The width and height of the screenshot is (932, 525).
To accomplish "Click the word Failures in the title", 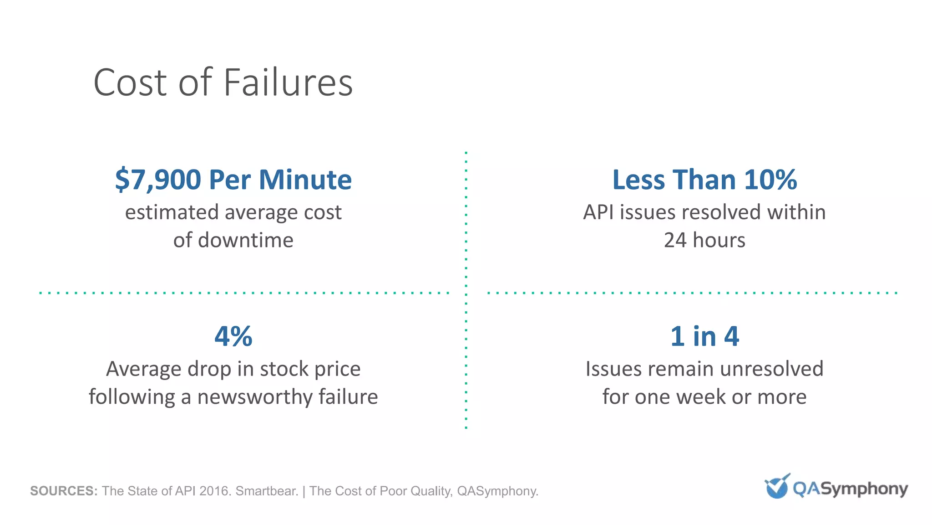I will pyautogui.click(x=288, y=82).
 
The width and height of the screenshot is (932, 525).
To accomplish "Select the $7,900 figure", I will pyautogui.click(x=158, y=180).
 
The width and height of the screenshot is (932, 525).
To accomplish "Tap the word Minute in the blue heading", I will pyautogui.click(x=305, y=180).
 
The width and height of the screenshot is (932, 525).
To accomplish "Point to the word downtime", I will pyautogui.click(x=246, y=240).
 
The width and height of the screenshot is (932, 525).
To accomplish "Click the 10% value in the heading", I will pyautogui.click(x=770, y=180).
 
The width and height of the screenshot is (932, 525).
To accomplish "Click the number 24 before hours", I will pyautogui.click(x=675, y=240).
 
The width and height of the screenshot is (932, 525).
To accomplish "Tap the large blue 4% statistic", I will pyautogui.click(x=233, y=336).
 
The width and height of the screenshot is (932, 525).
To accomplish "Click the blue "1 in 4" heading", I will pyautogui.click(x=704, y=336).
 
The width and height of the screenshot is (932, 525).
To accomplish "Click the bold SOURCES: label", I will pyautogui.click(x=64, y=491).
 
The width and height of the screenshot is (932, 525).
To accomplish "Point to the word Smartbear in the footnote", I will pyautogui.click(x=267, y=491).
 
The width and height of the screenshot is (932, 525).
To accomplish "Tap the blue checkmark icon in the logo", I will pyautogui.click(x=777, y=487).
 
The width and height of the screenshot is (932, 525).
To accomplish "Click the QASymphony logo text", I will pyautogui.click(x=850, y=489).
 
